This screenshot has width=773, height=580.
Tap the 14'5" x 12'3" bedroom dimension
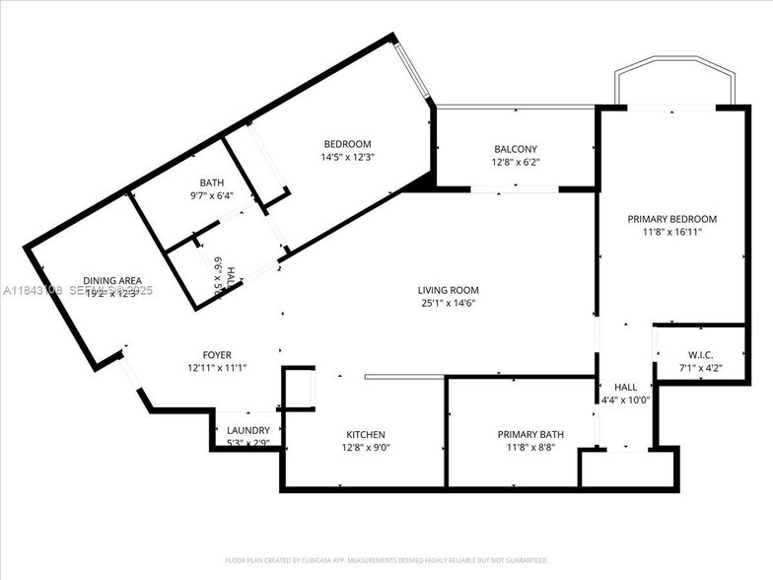[x=347, y=157]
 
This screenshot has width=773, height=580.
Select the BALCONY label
[x=516, y=149]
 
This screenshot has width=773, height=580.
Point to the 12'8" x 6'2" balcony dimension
[x=516, y=162]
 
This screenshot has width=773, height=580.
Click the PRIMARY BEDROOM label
[x=672, y=219]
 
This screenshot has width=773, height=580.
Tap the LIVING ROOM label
[x=449, y=290]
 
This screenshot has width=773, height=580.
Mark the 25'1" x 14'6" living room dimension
[x=449, y=303]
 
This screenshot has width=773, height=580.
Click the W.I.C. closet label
[x=700, y=355]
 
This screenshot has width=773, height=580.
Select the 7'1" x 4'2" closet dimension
[x=700, y=368]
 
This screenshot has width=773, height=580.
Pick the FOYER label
[x=217, y=355]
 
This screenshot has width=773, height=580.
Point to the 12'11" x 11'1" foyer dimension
[x=217, y=368]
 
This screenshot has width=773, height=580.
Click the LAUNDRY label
[x=248, y=430]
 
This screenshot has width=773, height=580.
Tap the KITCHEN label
[x=365, y=435]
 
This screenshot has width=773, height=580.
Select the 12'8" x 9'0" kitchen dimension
[x=365, y=448]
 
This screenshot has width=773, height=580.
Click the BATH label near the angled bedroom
[x=212, y=182]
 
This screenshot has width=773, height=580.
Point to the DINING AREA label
[x=112, y=281]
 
